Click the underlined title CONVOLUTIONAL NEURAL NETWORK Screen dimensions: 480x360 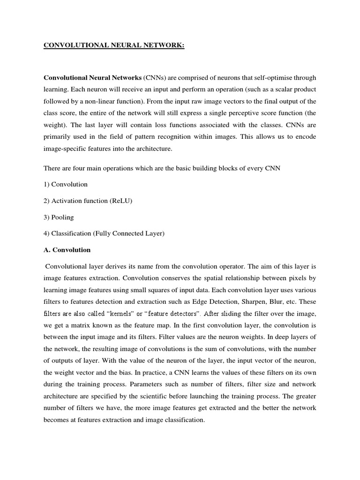pos(114,45)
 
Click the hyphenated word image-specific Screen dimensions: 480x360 pos(65,149)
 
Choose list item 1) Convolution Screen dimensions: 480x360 pos(65,184)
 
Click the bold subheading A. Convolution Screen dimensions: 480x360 pos(67,250)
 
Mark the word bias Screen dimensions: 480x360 pos(127,373)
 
